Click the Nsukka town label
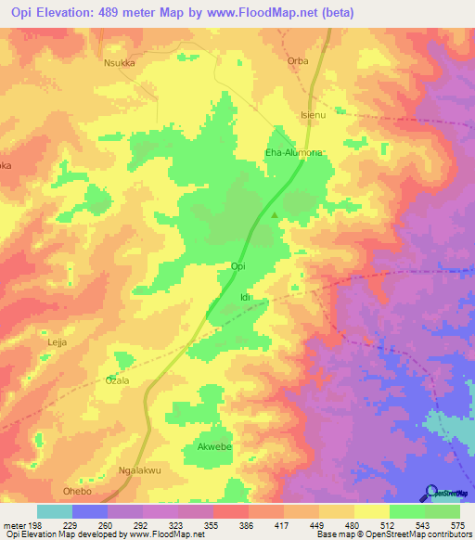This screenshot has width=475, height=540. coord(119,66)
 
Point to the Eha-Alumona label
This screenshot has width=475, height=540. coord(294,155)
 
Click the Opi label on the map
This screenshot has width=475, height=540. coord(237,266)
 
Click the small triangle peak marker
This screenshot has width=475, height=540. coord(275,216)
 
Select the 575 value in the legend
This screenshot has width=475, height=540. coord(458,524)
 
